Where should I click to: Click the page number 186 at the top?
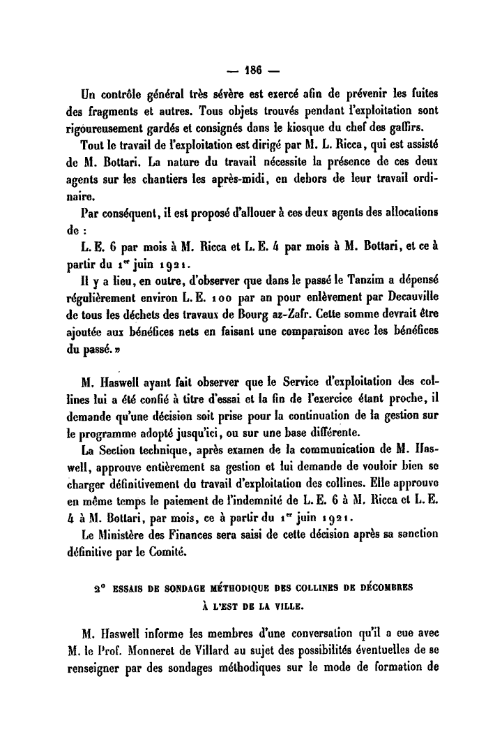[251, 70]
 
